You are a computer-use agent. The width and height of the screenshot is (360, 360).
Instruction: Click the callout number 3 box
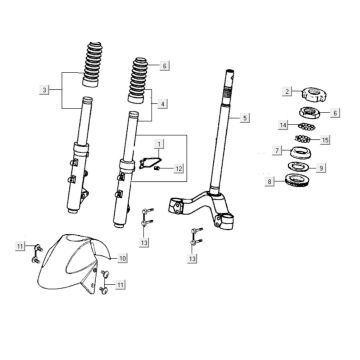(x=45, y=90)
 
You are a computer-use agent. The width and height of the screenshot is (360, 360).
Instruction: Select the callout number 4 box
(x=162, y=104)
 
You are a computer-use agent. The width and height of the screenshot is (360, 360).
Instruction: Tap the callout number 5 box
(x=245, y=118)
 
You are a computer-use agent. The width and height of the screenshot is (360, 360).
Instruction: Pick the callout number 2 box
(x=287, y=91)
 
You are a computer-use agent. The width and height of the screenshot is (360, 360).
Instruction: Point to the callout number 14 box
(x=284, y=125)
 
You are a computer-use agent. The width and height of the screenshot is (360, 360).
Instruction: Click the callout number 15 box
(x=325, y=140)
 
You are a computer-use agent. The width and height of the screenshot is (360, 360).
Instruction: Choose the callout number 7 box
(x=277, y=150)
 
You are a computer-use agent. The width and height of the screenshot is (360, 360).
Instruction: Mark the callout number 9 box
(x=321, y=168)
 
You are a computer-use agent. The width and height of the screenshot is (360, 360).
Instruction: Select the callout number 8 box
(x=270, y=182)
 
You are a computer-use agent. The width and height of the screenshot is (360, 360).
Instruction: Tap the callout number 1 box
(x=159, y=144)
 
